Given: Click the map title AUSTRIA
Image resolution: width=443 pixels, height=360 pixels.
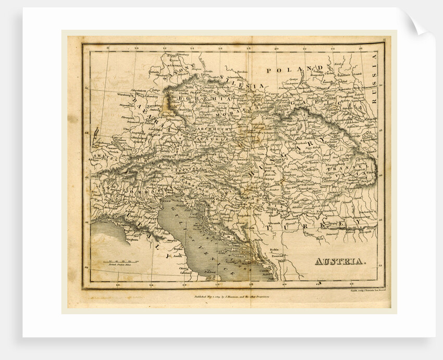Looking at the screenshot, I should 340,261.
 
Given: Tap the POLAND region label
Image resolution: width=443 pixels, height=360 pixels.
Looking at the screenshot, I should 292,69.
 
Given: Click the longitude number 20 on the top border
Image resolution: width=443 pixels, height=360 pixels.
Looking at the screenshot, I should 276,50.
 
